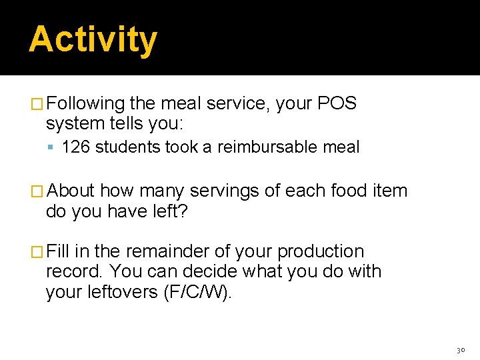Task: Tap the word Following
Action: pos(86,104)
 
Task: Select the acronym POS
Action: pos(337,104)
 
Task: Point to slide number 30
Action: pos(460,349)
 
